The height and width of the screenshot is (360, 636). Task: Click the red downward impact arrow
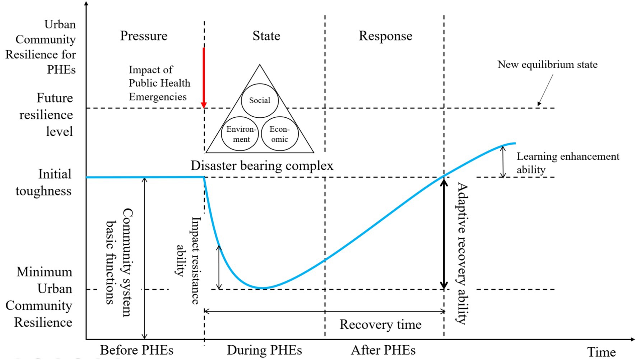click(x=204, y=77)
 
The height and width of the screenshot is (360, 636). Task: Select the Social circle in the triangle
click(x=260, y=100)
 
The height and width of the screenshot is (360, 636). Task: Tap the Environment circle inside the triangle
click(x=240, y=134)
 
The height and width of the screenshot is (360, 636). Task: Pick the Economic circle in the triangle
click(x=279, y=134)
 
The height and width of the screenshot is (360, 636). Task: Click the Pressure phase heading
click(x=144, y=36)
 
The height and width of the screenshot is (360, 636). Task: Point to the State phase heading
click(x=266, y=36)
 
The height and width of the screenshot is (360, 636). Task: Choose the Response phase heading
click(x=385, y=36)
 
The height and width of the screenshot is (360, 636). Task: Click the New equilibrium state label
click(x=547, y=65)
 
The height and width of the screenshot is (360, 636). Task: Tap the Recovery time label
click(x=380, y=324)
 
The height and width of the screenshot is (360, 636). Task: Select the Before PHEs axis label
click(x=136, y=350)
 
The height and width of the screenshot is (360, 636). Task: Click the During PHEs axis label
click(x=264, y=350)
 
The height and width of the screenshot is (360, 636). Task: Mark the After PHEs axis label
click(x=383, y=350)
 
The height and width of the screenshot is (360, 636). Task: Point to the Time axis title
click(x=601, y=352)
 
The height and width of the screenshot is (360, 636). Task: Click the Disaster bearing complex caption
click(x=262, y=165)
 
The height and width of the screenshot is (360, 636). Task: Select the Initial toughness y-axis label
click(x=44, y=182)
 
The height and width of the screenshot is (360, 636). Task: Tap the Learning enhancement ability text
click(x=567, y=163)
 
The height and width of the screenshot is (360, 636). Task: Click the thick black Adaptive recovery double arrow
click(x=444, y=233)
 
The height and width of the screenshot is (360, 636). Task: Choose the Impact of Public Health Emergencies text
click(x=159, y=83)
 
